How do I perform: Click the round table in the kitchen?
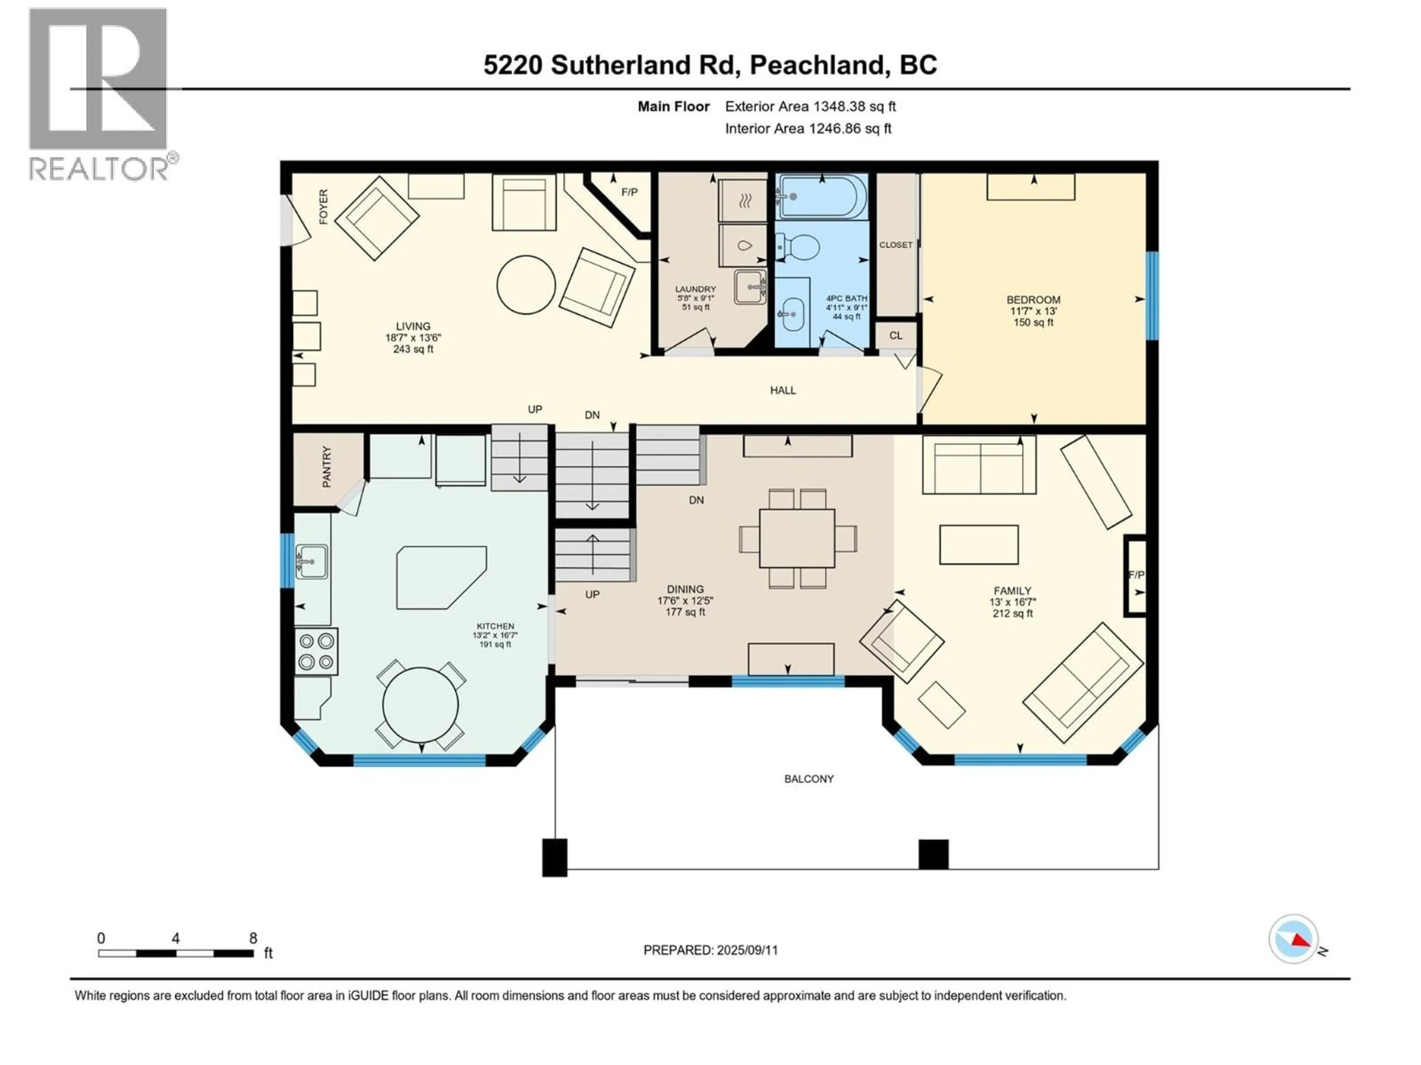421,705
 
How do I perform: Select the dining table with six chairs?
797,538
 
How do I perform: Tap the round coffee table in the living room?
526,284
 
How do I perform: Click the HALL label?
782,390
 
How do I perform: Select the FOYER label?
323,207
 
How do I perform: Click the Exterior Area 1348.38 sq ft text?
810,106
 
